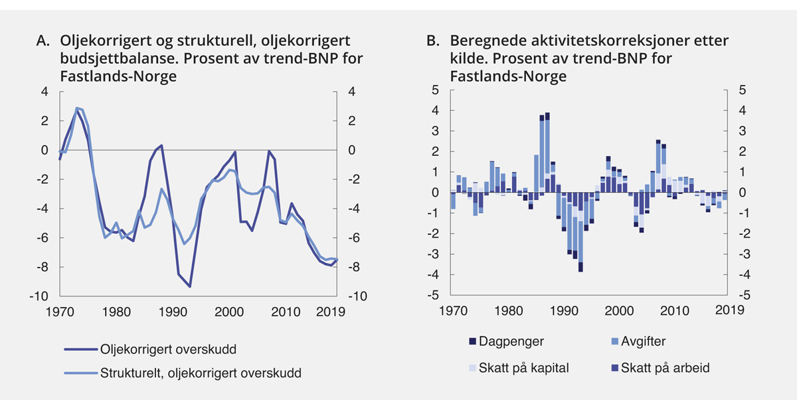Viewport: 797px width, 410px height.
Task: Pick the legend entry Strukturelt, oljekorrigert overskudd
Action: [201, 373]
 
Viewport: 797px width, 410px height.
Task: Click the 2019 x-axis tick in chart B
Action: [729, 310]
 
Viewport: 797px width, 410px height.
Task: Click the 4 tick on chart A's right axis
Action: [347, 92]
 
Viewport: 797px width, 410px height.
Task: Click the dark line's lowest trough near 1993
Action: [190, 286]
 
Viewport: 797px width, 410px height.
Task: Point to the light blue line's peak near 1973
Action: [77, 108]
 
